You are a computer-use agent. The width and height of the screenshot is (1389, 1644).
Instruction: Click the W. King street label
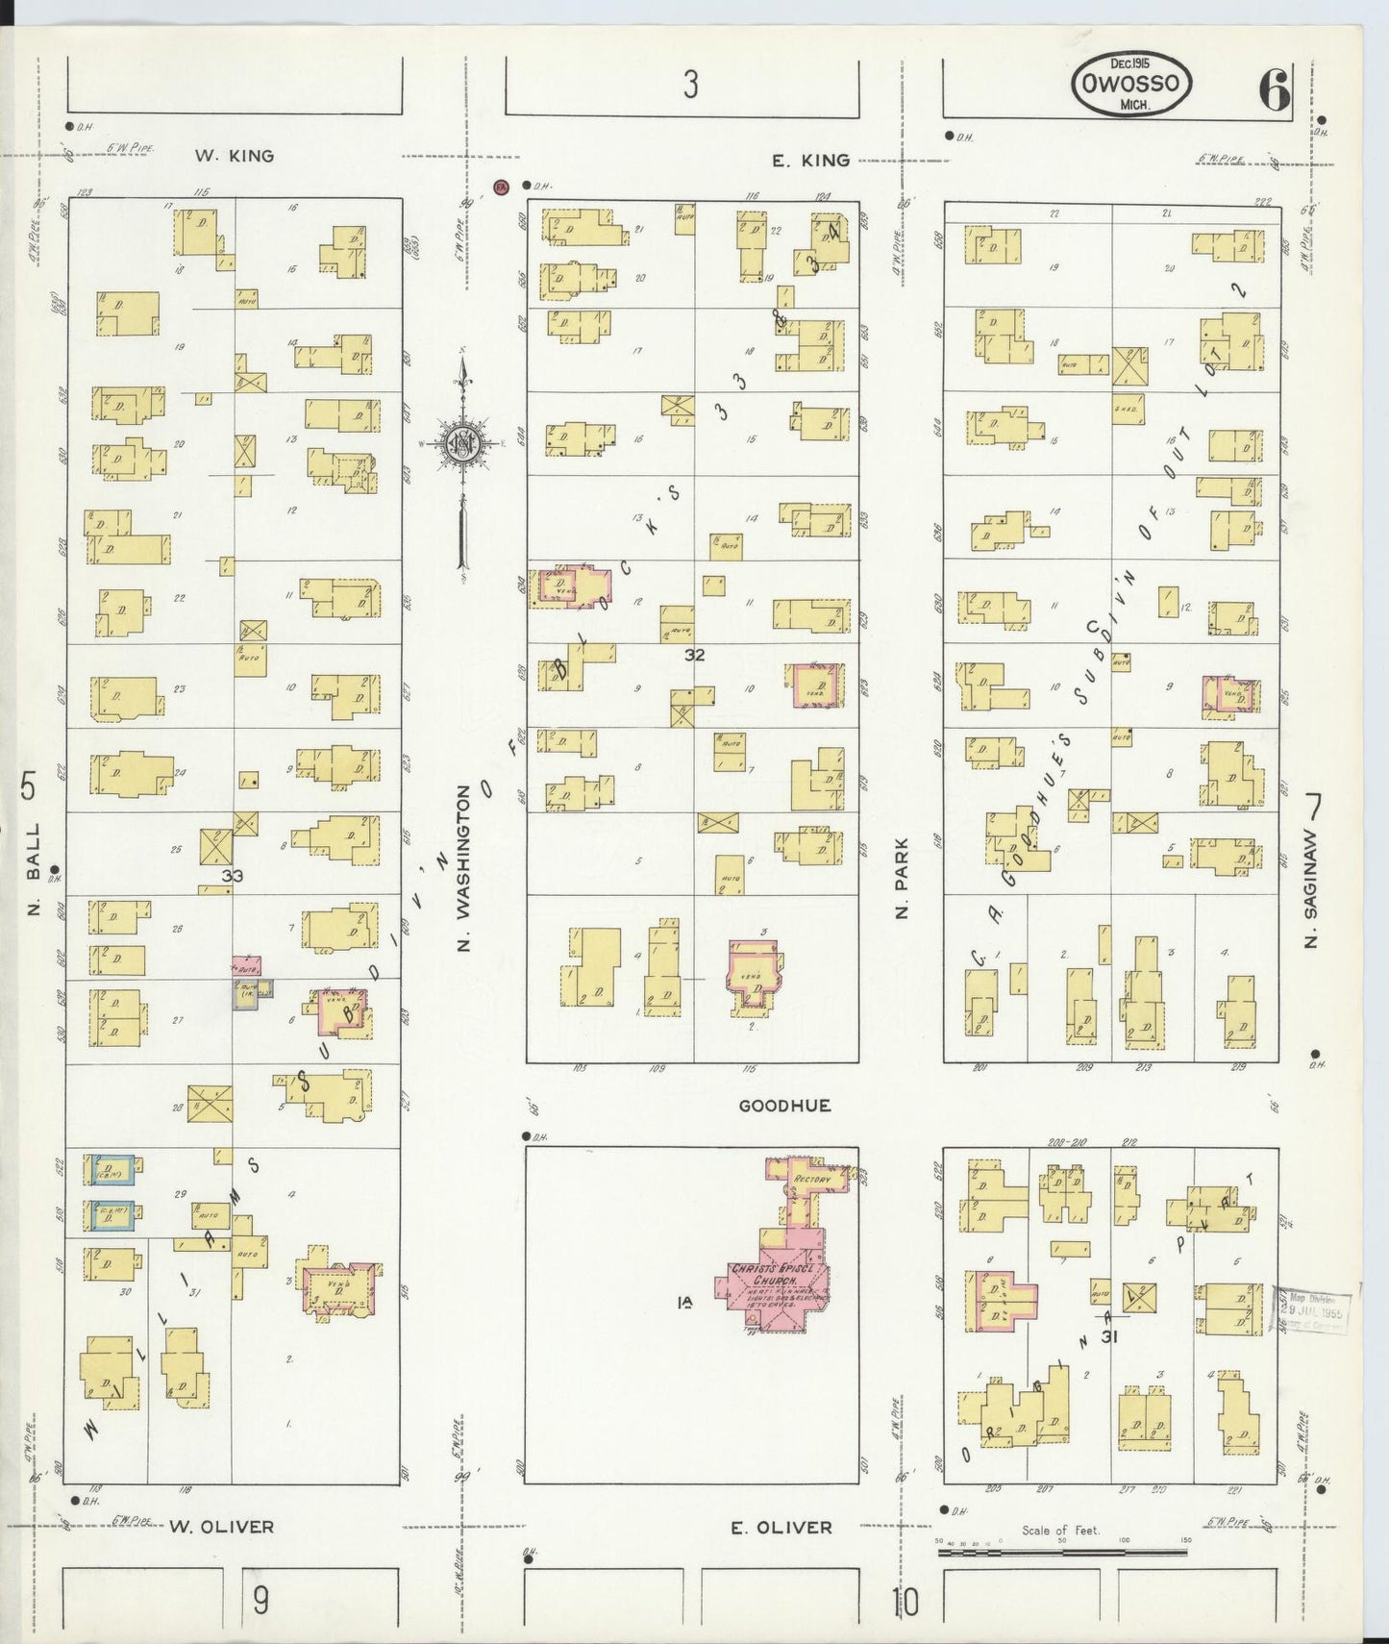click(235, 156)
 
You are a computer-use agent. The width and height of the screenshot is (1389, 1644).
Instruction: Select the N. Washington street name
click(464, 868)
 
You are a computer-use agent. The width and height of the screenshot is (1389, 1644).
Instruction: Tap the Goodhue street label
click(784, 1106)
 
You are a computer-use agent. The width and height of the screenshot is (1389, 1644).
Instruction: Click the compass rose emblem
click(462, 442)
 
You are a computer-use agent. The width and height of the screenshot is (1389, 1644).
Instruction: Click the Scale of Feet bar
click(1062, 1551)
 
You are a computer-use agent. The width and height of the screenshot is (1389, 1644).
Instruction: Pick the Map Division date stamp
click(1312, 1308)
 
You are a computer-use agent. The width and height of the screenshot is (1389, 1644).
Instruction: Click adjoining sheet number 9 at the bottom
click(260, 1602)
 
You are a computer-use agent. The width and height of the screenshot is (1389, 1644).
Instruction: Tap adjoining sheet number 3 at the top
click(690, 87)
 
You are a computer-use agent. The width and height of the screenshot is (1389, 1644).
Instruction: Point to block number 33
click(232, 876)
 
